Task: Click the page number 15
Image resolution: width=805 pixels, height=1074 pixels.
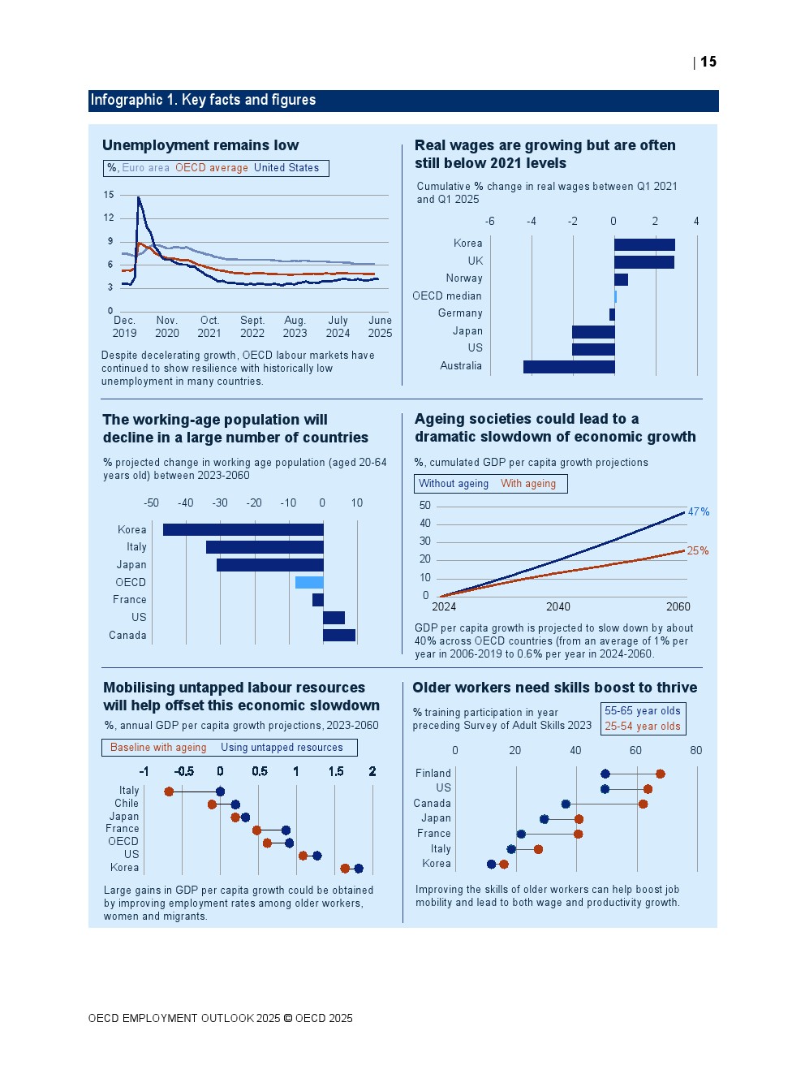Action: [708, 63]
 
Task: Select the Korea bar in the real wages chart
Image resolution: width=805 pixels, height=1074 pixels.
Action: [644, 244]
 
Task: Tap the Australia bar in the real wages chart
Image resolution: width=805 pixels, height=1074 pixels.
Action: [569, 367]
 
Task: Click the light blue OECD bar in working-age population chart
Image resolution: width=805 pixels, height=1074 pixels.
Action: [309, 582]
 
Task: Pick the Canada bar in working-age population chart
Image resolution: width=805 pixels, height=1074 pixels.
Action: [339, 635]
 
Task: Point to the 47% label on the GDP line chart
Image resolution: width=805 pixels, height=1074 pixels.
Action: [699, 512]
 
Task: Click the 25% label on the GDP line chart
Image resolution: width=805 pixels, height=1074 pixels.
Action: [698, 551]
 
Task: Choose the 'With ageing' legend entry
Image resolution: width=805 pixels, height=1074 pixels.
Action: [528, 484]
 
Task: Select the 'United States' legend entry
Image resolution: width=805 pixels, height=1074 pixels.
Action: [286, 168]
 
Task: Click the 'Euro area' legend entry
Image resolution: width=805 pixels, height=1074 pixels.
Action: [146, 168]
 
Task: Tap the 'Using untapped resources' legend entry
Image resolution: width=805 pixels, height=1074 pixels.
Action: [282, 748]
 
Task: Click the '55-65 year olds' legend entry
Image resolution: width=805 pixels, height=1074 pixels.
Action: [643, 711]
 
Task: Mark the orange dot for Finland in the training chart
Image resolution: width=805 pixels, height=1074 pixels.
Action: [661, 774]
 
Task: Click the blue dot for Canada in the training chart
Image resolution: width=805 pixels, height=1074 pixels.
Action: [566, 804]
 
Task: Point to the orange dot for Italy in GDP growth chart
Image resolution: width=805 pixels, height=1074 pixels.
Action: [169, 791]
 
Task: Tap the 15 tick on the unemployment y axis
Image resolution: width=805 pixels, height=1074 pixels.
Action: [109, 195]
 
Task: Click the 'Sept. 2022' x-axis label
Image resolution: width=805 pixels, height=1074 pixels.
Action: [252, 327]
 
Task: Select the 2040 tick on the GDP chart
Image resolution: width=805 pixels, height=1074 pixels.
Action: [558, 607]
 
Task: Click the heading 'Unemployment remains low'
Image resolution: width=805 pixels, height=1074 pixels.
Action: [200, 145]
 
